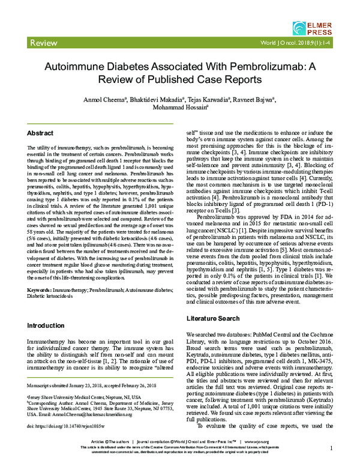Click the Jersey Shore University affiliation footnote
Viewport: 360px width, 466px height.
pyautogui.click(x=83, y=398)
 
